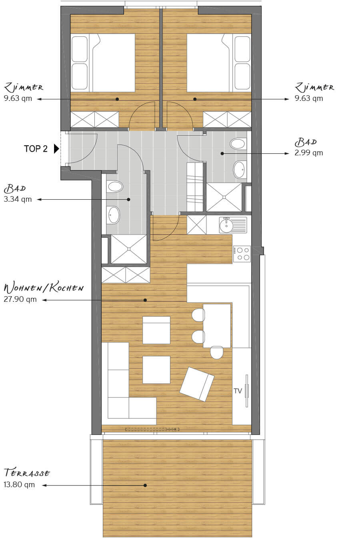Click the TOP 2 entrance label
[36, 149]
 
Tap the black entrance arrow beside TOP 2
[56, 149]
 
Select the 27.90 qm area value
[20, 299]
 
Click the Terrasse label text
[27, 473]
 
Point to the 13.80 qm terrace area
[19, 485]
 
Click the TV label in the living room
[238, 391]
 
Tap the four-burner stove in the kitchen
[242, 254]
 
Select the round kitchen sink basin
[226, 225]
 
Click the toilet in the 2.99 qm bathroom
[238, 144]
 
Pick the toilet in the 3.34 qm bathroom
[114, 187]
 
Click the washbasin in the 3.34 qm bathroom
[113, 215]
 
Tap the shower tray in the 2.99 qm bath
[224, 197]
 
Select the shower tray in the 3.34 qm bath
[129, 249]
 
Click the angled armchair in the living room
[197, 384]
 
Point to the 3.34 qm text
[18, 199]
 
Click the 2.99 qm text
[309, 153]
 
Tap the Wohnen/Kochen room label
[44, 288]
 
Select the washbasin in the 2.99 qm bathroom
[240, 169]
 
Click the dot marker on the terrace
[145, 485]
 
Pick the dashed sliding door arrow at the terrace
[152, 429]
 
